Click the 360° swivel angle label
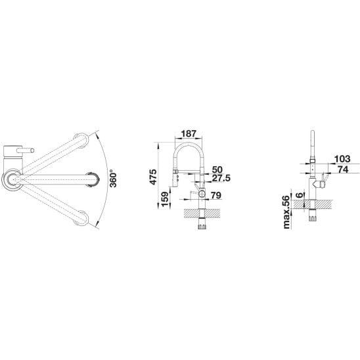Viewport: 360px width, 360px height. click(113, 179)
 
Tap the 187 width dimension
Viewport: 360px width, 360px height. click(189, 133)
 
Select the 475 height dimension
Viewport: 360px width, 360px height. click(153, 177)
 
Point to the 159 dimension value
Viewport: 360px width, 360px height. click(165, 199)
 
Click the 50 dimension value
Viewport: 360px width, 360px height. click(217, 169)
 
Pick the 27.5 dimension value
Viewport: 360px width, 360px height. click(221, 178)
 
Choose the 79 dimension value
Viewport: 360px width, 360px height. click(216, 195)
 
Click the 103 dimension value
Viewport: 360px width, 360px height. click(342, 159)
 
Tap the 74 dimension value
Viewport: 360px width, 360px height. click(343, 169)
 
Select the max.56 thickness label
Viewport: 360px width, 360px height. click(287, 212)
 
